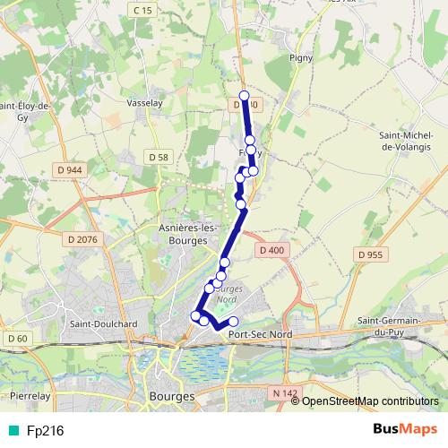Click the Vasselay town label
coord(143,103)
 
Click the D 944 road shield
coord(68,168)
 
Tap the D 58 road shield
coord(159,158)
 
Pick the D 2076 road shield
coord(82,238)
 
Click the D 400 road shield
coord(269,249)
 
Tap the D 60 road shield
coord(16,338)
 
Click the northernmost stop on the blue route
coord(244,95)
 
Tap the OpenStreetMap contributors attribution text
coord(370,401)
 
